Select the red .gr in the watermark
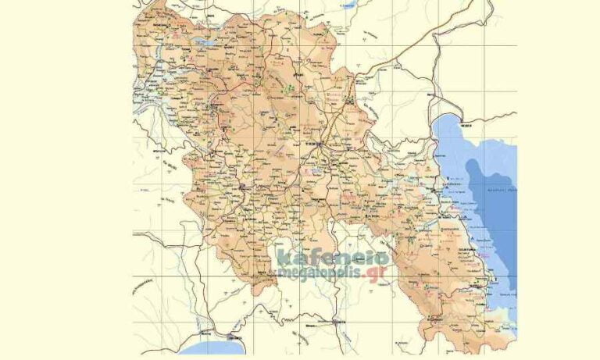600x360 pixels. pyautogui.click(x=378, y=272)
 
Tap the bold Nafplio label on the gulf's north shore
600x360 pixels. pyautogui.click(x=467, y=125)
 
